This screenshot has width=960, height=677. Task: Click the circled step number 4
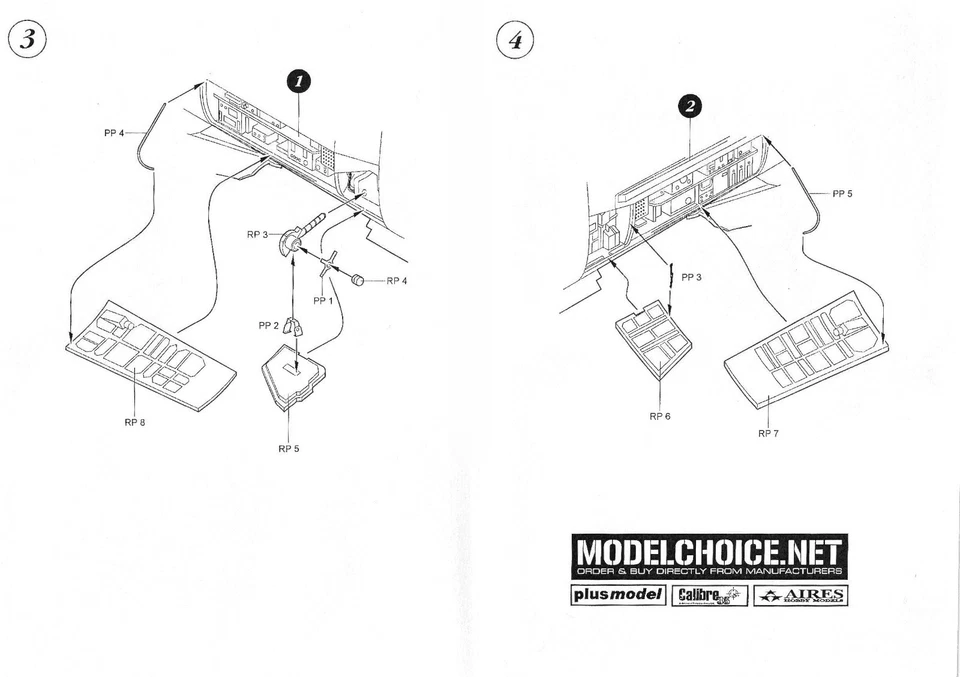tap(515, 41)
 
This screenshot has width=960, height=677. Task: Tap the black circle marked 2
tap(691, 106)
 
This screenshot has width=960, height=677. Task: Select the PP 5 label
tap(841, 193)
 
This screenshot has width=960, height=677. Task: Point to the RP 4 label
tap(397, 281)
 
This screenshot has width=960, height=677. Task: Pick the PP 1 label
tap(323, 300)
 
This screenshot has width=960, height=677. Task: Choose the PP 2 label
tap(268, 325)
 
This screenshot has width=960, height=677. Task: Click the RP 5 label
tap(288, 448)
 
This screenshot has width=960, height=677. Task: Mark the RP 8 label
tap(135, 422)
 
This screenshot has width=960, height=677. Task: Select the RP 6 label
tap(659, 415)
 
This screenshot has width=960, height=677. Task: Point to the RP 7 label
tap(768, 433)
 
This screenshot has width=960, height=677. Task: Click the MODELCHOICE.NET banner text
tap(709, 551)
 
